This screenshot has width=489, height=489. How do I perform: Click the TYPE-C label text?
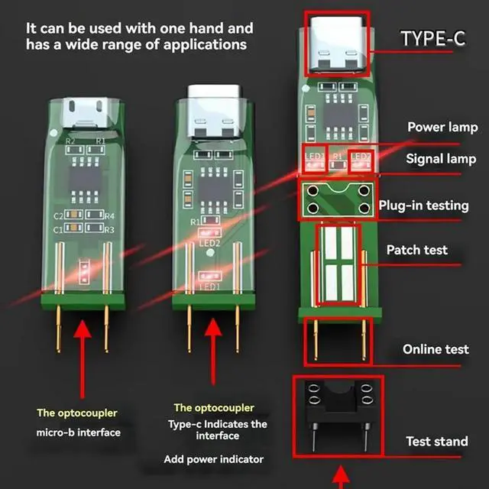pyautogui.click(x=432, y=37)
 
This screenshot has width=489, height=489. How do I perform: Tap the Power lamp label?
pyautogui.click(x=442, y=128)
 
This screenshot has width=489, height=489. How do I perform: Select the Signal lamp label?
pyautogui.click(x=441, y=159)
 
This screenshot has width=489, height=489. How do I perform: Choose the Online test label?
pyautogui.click(x=436, y=349)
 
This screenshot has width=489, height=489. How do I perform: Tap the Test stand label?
pyautogui.click(x=437, y=442)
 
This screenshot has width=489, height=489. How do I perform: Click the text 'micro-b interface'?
pyautogui.click(x=79, y=432)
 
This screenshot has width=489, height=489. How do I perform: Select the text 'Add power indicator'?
pyautogui.click(x=213, y=459)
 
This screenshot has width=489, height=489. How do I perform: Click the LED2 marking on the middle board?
pyautogui.click(x=210, y=244)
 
